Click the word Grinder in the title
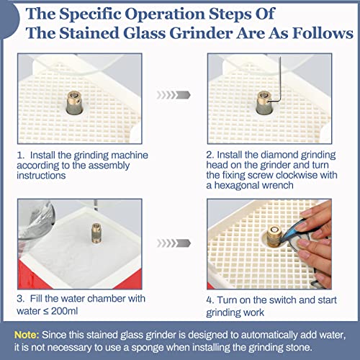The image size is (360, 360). point(202,33)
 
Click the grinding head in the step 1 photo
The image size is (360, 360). point(75,102)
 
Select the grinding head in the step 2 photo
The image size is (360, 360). point(264,103)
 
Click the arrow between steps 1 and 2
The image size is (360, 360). point(174,95)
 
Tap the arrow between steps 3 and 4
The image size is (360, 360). point(174,243)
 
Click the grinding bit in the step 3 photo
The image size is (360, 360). point(96,233)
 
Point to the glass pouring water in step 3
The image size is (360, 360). point(36,222)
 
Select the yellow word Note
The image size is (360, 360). point(27,335)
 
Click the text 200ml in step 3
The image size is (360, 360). point(64,311)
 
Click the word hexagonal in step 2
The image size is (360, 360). point(236,186)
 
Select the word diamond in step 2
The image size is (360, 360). point(279,155)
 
